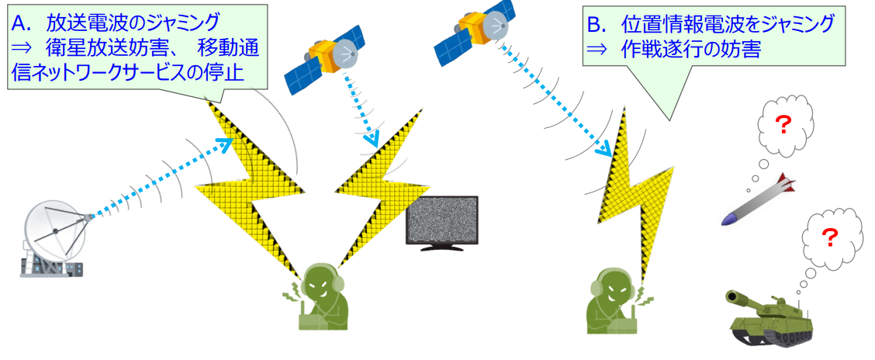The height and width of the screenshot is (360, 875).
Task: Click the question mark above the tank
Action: [x=829, y=237]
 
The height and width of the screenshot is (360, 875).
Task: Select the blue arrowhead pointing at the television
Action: [x=372, y=140]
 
